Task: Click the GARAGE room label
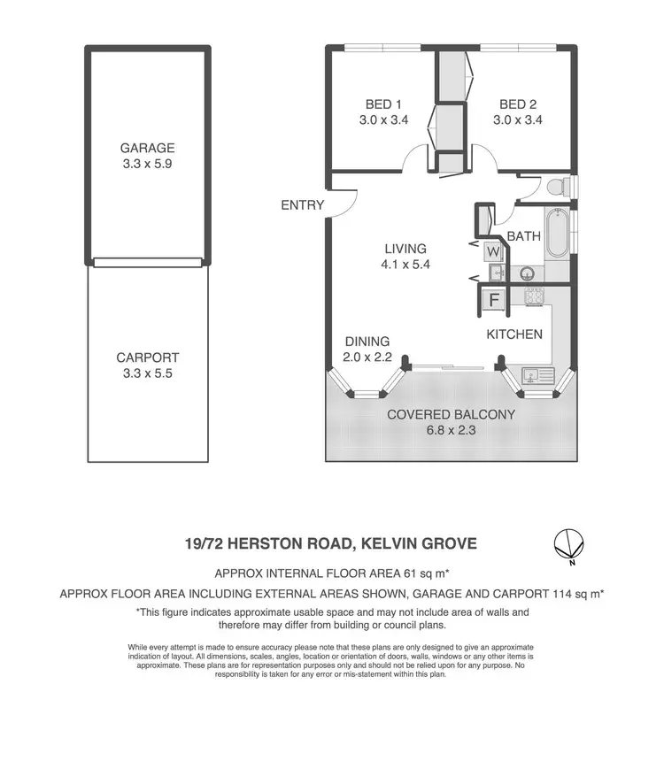point(148,148)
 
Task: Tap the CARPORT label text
point(148,358)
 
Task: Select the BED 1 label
point(383,104)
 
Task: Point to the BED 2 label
point(518,104)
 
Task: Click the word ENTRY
point(303,205)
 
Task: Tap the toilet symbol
point(559,188)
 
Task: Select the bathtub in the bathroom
point(558,233)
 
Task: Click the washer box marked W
point(493,250)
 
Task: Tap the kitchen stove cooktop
point(534,296)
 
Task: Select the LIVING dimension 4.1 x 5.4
point(406,264)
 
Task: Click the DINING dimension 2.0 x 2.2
point(367,357)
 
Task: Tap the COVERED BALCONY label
point(452,413)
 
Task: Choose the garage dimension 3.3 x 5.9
point(148,164)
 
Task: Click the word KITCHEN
point(514,335)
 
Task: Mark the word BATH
point(523,236)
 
